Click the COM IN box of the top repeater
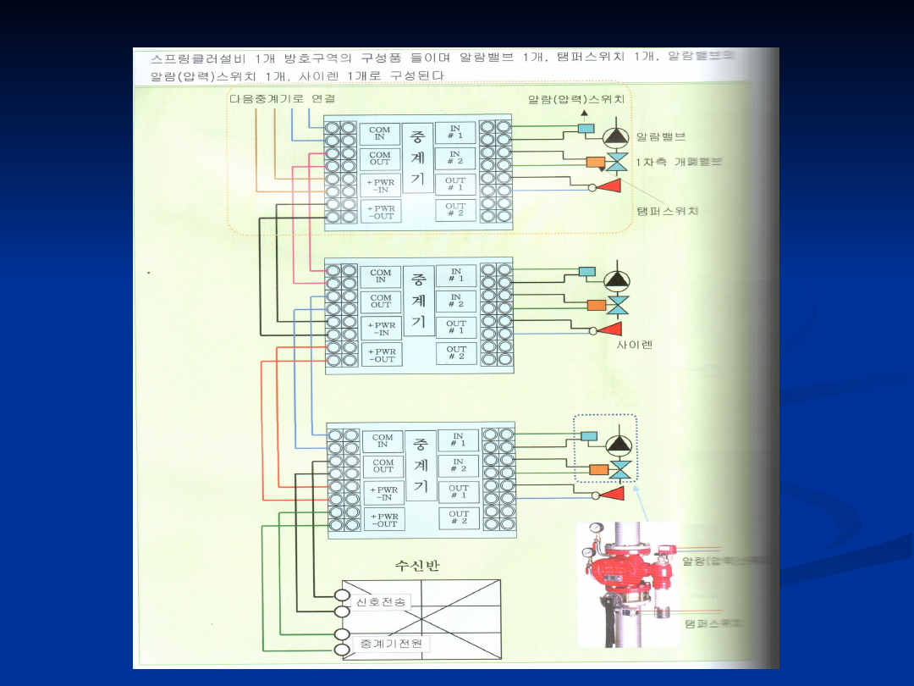(380, 134)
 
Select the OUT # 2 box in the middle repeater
(456, 353)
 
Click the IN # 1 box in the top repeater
(455, 132)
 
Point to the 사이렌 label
(635, 346)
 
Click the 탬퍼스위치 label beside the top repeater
(668, 211)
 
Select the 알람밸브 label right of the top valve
(661, 136)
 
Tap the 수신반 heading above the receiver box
(417, 566)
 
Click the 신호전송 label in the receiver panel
(381, 601)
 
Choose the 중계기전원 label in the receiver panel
(390, 644)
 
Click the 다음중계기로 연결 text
(283, 99)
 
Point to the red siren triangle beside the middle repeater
(611, 329)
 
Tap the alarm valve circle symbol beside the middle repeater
(617, 280)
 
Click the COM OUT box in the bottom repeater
(383, 466)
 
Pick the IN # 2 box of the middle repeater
(455, 300)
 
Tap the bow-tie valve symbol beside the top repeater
(618, 162)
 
